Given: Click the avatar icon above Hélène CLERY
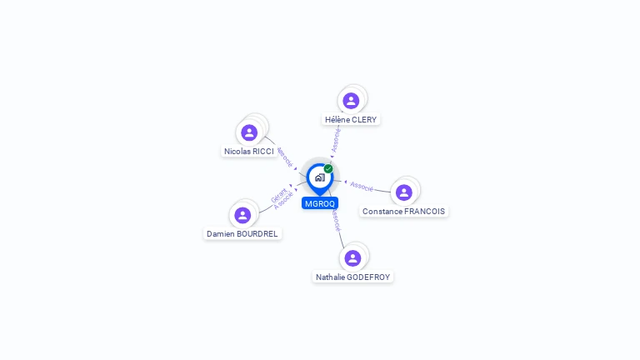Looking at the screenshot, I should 351,101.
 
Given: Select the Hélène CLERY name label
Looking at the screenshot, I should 351,120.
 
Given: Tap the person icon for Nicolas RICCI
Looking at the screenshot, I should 248,132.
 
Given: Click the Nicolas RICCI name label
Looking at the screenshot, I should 249,152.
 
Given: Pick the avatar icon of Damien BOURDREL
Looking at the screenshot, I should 242,215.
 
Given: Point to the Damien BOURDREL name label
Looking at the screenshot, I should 242,234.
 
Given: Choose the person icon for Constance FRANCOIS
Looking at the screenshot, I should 404,192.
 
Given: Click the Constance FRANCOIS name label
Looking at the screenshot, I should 404,212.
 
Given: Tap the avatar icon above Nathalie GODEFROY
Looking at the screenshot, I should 352,257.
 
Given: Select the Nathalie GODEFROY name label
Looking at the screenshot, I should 352,277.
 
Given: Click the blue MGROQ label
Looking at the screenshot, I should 320,203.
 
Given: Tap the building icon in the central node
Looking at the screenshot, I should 319,177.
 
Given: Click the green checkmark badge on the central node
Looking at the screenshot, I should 328,169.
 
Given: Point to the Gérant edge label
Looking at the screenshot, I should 278,195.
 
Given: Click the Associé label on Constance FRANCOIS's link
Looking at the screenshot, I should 362,185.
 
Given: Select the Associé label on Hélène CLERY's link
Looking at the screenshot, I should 336,140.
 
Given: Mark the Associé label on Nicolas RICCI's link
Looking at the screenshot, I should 284,157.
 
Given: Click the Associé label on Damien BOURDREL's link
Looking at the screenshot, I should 283,202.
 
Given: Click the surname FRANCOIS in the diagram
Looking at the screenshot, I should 424,212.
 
